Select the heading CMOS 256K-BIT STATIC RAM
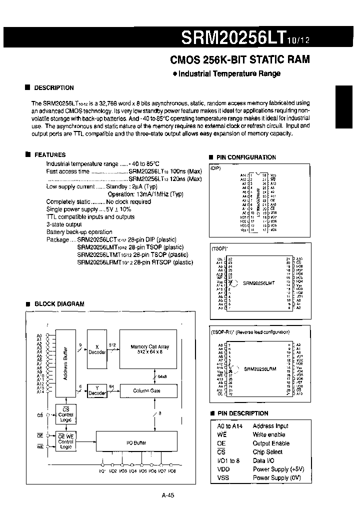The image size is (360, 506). pyautogui.click(x=240, y=59)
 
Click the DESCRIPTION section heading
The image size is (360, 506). pyautogui.click(x=53, y=87)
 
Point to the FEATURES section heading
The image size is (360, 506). pyautogui.click(x=49, y=155)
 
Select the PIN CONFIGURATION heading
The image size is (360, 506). pyautogui.click(x=245, y=157)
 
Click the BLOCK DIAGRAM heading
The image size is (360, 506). pyautogui.click(x=59, y=304)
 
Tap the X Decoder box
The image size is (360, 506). pyautogui.click(x=97, y=349)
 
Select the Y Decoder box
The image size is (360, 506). pyautogui.click(x=97, y=390)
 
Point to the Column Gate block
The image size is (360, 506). pyautogui.click(x=146, y=391)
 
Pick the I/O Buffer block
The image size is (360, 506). pyautogui.click(x=136, y=442)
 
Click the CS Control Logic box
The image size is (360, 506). pyautogui.click(x=66, y=414)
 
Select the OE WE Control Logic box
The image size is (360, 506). pyautogui.click(x=66, y=441)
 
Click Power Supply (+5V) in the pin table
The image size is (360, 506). pyautogui.click(x=278, y=469)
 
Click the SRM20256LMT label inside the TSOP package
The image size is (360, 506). pyautogui.click(x=258, y=283)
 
